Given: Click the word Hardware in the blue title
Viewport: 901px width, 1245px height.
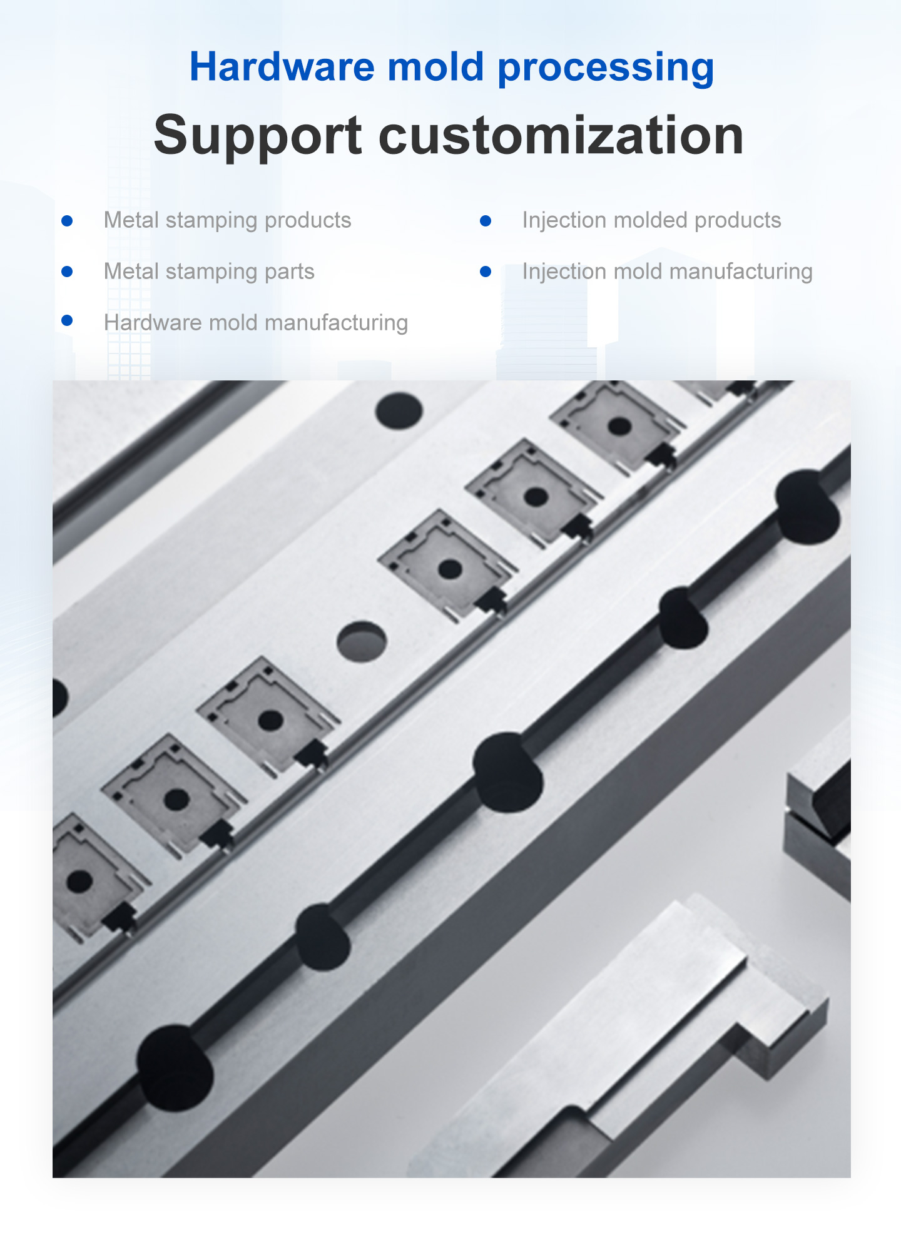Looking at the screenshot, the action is point(282,66).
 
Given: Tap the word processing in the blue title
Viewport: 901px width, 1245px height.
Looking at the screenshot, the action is point(606,68).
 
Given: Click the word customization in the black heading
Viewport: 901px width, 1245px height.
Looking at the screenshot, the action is point(561,135).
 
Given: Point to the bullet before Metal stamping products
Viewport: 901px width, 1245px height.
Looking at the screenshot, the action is point(68,221).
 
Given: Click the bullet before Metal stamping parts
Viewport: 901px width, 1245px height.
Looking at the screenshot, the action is point(68,272).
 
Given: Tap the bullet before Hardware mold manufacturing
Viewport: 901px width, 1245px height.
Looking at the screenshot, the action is point(68,321).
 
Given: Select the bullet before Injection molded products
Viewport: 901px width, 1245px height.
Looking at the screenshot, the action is point(486,221).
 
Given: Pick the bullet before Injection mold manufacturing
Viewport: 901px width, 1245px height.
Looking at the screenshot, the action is point(486,272).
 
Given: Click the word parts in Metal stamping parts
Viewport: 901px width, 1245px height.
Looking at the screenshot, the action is point(289,272).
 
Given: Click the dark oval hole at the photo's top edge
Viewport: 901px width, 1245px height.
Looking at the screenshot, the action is point(399,411).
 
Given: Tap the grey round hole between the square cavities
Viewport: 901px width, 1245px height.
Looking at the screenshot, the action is point(362,641).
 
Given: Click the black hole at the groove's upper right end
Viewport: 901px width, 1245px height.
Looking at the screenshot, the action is point(807,506).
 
